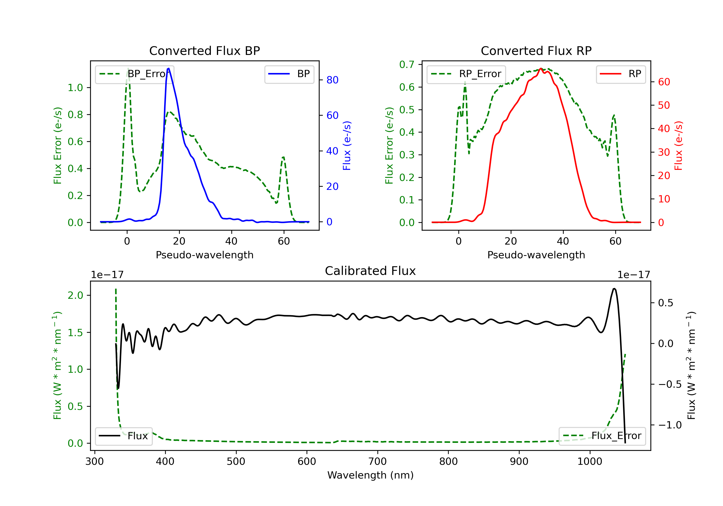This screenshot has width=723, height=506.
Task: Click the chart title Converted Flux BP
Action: click(204, 51)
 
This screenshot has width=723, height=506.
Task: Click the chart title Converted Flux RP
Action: click(536, 51)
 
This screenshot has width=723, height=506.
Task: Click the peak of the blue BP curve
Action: click(169, 68)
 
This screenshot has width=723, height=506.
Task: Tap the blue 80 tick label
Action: click(333, 80)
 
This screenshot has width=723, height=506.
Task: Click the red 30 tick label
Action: click(664, 152)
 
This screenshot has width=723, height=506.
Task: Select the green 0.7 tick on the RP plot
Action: click(407, 65)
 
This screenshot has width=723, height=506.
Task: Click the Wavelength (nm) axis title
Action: click(370, 475)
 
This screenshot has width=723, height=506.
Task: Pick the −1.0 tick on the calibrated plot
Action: click(670, 425)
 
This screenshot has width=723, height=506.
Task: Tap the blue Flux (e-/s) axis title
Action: click(347, 146)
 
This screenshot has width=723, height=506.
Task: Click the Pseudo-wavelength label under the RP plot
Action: click(536, 255)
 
